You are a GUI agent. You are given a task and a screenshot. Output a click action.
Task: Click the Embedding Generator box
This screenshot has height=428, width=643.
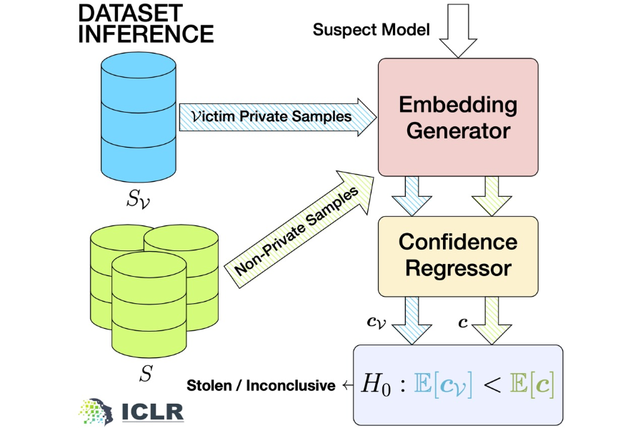point(457,118)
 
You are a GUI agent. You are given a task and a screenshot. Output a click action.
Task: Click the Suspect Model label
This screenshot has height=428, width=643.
point(372,30)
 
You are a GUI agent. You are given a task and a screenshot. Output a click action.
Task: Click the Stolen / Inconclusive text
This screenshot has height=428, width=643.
point(261,386)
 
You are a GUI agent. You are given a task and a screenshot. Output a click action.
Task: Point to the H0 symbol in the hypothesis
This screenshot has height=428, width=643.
point(377,386)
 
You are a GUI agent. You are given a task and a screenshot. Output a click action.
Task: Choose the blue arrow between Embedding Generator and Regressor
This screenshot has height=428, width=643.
point(416,193)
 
